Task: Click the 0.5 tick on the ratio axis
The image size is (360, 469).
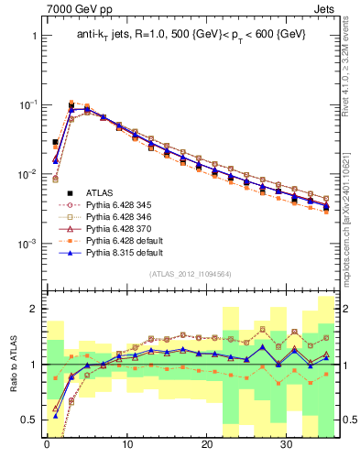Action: pyautogui.click(x=28, y=420)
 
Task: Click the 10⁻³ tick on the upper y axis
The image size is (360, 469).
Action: pyautogui.click(x=27, y=244)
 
